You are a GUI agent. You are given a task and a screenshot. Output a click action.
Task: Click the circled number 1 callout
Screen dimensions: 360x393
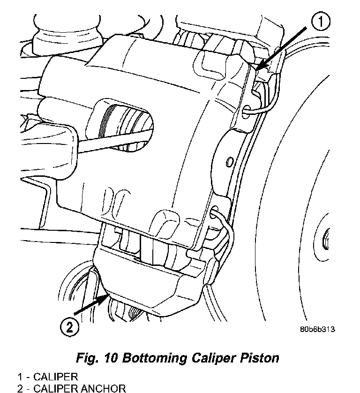point(321,22)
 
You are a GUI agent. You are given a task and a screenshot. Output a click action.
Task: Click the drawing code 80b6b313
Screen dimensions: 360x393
point(317,329)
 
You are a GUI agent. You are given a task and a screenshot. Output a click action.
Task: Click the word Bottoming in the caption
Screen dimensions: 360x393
point(154,358)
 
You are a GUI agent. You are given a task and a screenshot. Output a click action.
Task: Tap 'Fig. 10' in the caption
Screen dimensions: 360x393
point(97,358)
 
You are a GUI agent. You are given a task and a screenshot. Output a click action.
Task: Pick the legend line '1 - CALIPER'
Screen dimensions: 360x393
point(48,377)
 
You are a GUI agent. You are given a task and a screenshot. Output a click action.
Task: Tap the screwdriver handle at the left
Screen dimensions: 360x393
point(48,151)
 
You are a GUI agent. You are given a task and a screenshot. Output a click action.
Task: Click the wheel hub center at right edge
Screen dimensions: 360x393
point(326,239)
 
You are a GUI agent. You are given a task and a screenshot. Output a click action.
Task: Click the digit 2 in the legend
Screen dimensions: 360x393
point(20,388)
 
